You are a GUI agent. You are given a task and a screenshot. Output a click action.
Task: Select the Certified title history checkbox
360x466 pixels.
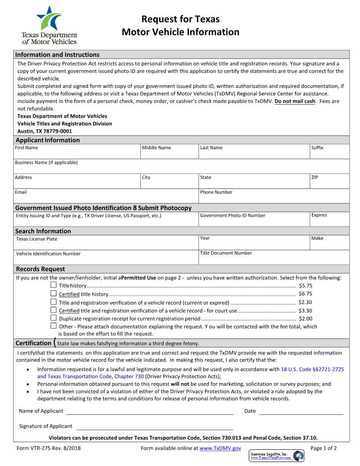(x=53, y=293)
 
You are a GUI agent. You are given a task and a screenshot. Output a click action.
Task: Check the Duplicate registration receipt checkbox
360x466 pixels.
(x=53, y=318)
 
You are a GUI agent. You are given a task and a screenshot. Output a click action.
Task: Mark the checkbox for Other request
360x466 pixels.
(x=53, y=326)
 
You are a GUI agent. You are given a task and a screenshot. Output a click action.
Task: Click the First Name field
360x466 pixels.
(x=77, y=153)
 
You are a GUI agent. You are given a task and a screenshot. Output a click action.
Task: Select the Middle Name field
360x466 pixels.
(x=169, y=153)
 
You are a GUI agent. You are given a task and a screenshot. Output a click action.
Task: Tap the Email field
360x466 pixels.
(x=106, y=197)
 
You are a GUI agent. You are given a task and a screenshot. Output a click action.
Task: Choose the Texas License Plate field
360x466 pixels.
(x=106, y=244)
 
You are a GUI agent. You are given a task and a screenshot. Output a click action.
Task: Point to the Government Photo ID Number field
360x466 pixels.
(x=254, y=221)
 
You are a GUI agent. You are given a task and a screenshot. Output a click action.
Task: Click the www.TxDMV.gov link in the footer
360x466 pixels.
(x=220, y=448)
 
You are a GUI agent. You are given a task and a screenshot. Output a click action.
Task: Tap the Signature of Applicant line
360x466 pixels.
(x=154, y=426)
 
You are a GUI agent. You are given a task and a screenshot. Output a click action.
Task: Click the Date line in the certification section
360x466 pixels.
(x=301, y=411)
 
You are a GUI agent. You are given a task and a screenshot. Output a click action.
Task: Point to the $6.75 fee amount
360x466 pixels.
(x=305, y=294)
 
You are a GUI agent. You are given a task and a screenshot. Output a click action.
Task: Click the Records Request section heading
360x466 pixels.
(x=41, y=269)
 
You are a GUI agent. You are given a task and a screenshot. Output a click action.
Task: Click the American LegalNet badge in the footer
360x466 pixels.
(x=277, y=456)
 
